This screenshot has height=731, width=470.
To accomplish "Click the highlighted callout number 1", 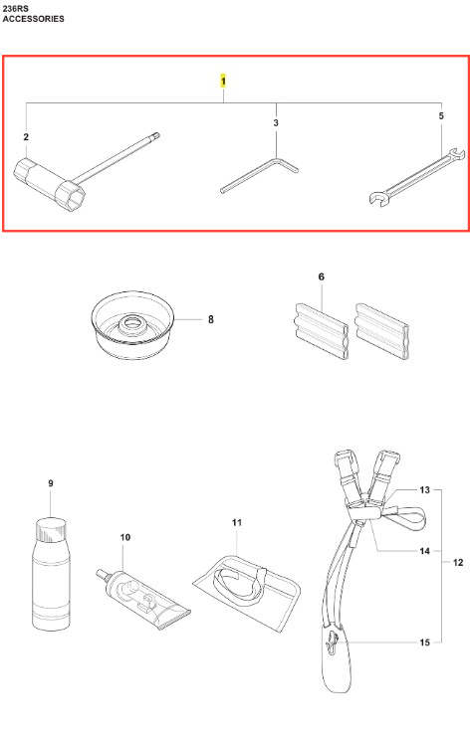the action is click(x=223, y=82).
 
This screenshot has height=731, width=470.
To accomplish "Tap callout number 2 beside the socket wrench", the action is click(x=26, y=136).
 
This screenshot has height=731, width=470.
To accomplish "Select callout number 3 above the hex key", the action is click(x=276, y=122).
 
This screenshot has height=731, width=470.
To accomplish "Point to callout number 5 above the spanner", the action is click(x=441, y=115).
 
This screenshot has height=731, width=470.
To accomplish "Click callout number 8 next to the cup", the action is click(x=211, y=319).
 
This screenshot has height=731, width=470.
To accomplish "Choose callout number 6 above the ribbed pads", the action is click(x=321, y=276).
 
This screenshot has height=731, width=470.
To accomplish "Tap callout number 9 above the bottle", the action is click(x=51, y=483).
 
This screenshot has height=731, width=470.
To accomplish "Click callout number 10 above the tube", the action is click(x=125, y=537).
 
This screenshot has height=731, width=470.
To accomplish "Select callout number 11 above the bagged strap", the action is click(x=237, y=522).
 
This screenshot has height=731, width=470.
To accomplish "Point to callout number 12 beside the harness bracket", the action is click(x=458, y=563).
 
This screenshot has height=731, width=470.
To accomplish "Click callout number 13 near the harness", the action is click(x=424, y=490).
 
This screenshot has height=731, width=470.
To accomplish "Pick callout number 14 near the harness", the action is click(x=424, y=551).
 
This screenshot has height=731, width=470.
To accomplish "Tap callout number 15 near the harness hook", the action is click(x=424, y=642).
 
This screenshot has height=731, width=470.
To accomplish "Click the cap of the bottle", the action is click(x=51, y=530).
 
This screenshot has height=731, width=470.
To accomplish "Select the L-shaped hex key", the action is click(x=260, y=175).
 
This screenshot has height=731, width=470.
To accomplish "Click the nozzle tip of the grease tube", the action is click(x=100, y=572).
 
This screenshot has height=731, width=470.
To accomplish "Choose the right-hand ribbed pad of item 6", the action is click(x=381, y=331).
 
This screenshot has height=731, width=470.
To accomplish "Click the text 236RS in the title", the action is click(x=15, y=9).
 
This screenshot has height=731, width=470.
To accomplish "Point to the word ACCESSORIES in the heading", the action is click(x=34, y=19).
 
